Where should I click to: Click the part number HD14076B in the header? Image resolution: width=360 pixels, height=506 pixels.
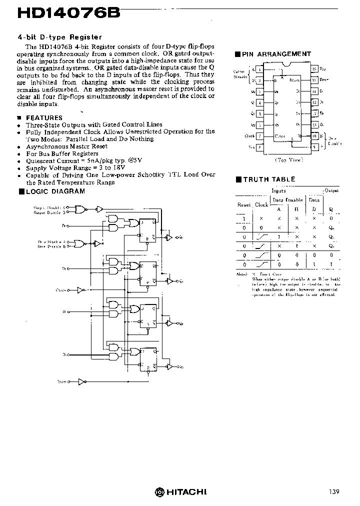(x=68, y=13)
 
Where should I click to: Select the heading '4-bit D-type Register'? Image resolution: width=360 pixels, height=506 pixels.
(x=59, y=37)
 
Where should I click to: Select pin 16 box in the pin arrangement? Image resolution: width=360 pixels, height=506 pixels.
(x=314, y=69)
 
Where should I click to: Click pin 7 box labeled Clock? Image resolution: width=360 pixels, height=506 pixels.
(x=259, y=136)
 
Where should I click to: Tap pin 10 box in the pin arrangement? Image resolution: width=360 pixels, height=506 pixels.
(x=314, y=136)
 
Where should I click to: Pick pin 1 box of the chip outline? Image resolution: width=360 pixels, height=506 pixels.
(x=259, y=69)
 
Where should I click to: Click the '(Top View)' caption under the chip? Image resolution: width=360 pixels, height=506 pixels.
(x=288, y=160)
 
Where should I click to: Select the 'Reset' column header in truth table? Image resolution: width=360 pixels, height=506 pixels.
(x=243, y=204)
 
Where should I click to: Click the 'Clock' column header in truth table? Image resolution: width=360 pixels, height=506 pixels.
(x=261, y=204)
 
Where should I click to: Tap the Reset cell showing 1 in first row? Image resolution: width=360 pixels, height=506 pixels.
(x=244, y=218)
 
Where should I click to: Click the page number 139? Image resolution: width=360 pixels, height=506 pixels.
(x=334, y=492)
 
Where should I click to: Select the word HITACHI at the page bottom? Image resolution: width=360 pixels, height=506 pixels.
(x=186, y=492)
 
